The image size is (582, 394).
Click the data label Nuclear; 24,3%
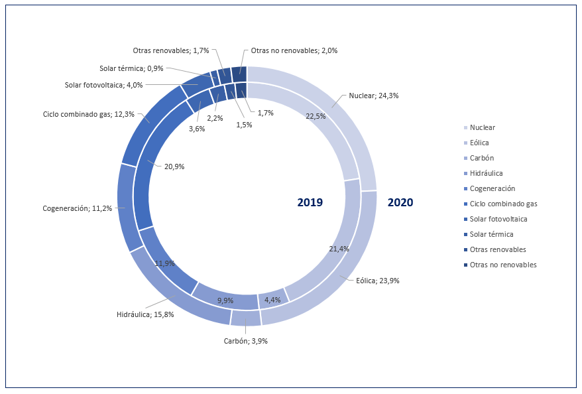373,96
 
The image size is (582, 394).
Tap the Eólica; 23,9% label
377,281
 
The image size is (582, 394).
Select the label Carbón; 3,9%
245,341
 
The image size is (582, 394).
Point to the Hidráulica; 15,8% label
145,314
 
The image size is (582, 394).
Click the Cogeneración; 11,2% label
77,208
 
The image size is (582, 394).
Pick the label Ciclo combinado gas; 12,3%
89,114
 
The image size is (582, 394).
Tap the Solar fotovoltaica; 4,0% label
103,85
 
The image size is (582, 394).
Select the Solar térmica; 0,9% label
131,68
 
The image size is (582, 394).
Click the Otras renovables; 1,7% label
171,50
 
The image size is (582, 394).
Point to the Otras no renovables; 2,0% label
294,50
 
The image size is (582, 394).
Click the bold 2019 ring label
310,202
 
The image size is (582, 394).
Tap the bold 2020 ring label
400,202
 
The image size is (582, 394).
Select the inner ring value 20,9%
174,166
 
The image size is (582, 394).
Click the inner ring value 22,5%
316,116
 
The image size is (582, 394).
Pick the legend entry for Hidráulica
483,173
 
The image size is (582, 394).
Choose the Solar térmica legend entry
488,234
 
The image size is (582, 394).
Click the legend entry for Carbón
479,158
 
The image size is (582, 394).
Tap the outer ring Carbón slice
246,318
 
